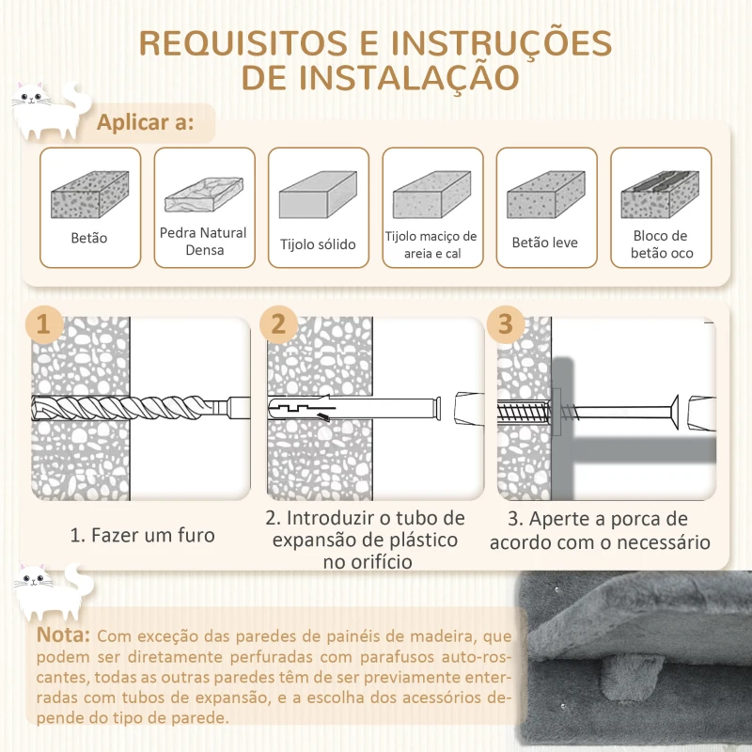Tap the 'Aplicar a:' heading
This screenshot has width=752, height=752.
[x=146, y=123]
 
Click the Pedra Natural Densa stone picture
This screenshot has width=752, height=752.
[x=203, y=195]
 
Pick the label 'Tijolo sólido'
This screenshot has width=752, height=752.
[x=318, y=244]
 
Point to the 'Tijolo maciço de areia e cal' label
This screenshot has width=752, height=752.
[x=431, y=244]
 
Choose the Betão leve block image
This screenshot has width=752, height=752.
[x=545, y=196]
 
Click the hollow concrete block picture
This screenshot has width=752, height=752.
[x=660, y=195]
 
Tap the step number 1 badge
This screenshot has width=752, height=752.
[x=43, y=324]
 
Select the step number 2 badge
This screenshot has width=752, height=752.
[x=277, y=324]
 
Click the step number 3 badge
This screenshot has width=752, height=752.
[x=506, y=324]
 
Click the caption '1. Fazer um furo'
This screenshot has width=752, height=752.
[x=142, y=535]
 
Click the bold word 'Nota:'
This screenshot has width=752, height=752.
[x=64, y=635]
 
